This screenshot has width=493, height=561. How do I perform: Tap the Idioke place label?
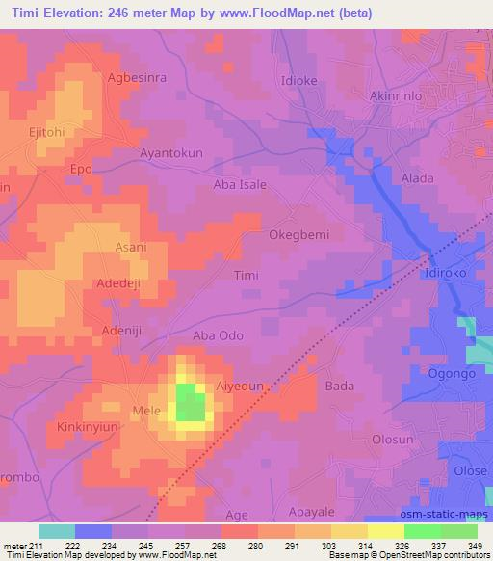coord(298,79)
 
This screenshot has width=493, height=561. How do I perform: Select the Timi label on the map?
coord(247,275)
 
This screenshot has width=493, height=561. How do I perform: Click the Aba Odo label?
coord(218,335)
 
